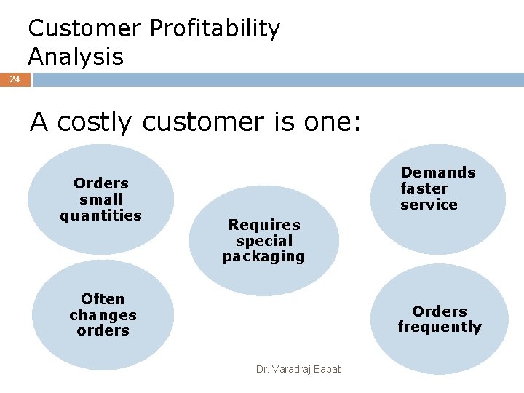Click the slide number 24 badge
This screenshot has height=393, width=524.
15,79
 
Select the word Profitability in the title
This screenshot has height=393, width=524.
214,30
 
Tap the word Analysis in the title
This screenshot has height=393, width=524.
76,57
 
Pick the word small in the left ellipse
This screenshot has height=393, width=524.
101,199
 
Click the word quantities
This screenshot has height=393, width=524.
101,215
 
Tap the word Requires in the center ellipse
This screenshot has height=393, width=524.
263,225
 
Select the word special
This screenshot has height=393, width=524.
263,241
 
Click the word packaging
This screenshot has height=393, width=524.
263,257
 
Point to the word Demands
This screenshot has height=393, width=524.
437,172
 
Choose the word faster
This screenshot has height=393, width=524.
424,188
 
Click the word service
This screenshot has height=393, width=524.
429,205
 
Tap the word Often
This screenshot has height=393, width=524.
103,299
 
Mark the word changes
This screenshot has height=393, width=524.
103,315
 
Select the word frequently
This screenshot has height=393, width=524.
440,327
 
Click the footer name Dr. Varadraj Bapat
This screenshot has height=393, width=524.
298,370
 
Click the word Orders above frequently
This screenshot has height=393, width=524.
440,311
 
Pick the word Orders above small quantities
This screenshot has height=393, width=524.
101,183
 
